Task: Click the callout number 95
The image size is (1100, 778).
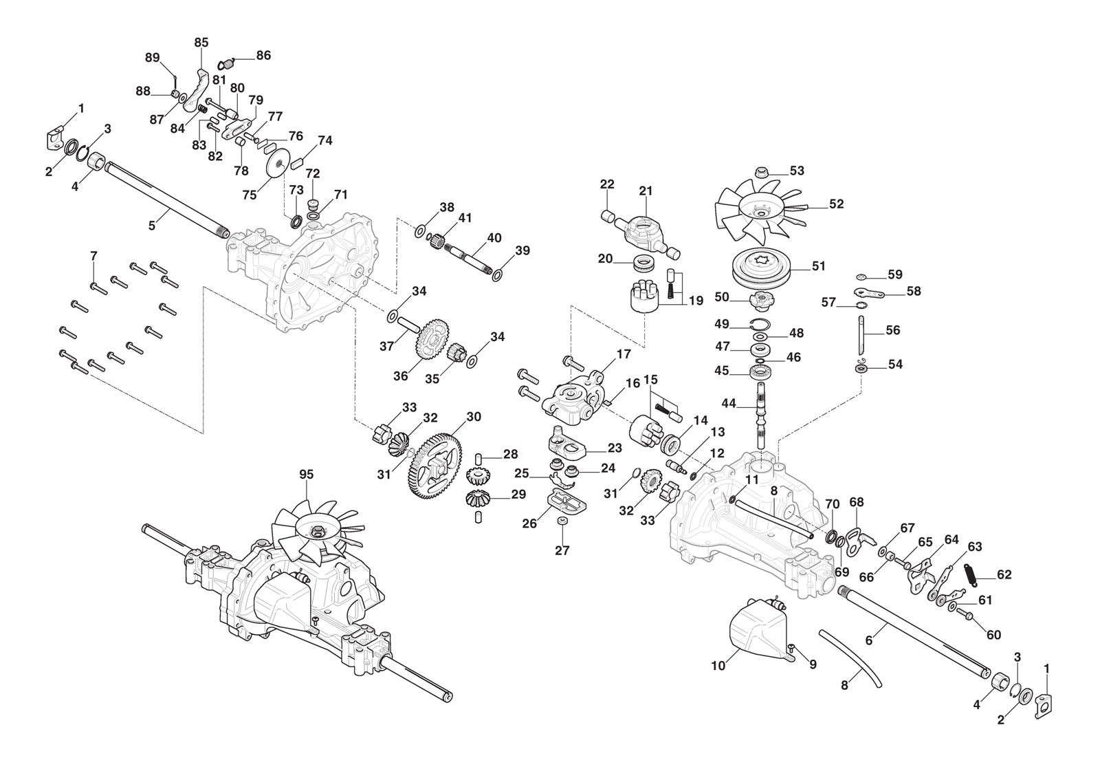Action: point(306,475)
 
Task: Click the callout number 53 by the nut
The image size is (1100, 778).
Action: point(797,171)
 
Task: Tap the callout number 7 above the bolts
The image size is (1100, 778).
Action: point(93,257)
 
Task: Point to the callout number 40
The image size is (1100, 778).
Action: point(494,238)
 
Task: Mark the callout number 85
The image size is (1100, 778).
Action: point(201,43)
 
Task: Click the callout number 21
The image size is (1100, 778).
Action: point(646,191)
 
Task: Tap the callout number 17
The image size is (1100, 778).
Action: point(623,355)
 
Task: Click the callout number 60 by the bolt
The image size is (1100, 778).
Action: point(993,635)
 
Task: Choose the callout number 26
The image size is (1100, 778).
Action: point(529,524)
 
